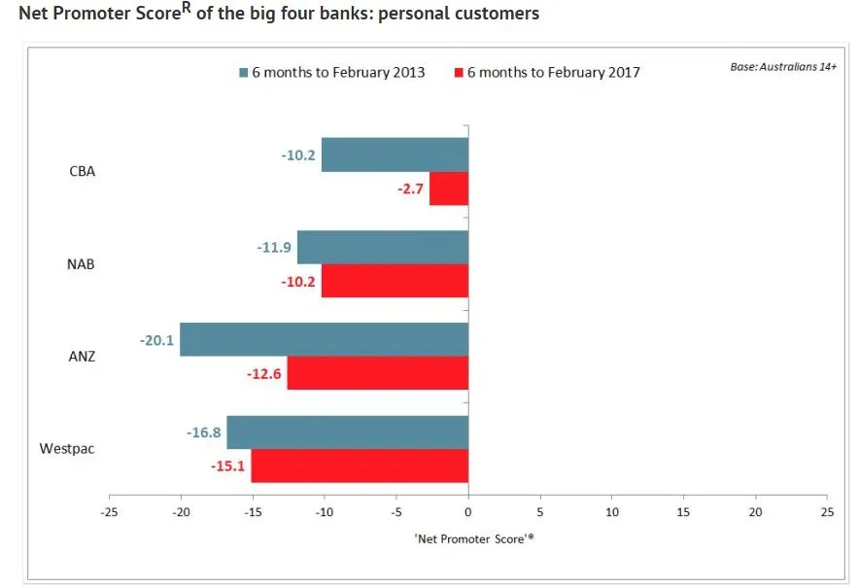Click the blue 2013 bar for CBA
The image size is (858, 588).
coord(395,156)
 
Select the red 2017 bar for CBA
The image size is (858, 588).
coord(449,189)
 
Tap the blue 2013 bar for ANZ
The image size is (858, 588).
coord(324,340)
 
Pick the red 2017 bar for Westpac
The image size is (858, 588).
coord(360,466)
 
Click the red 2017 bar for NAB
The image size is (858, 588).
coord(395,281)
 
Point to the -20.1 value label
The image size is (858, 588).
coord(156,340)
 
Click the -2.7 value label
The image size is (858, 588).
coord(409,189)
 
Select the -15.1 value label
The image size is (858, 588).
coord(228,466)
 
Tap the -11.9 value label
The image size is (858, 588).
coord(274,248)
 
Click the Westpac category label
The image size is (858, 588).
coord(67,449)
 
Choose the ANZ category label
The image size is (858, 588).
coord(81,357)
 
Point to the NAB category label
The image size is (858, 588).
coord(81,264)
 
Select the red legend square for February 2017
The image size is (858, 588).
coord(459,73)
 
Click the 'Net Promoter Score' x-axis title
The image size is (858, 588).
coord(468,536)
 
